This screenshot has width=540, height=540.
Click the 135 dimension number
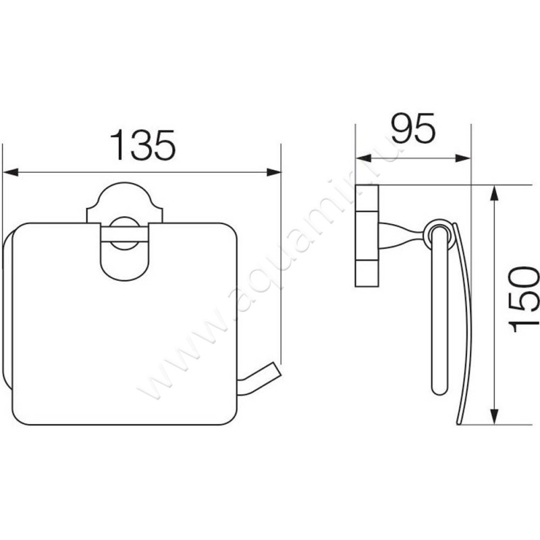pos(142,145)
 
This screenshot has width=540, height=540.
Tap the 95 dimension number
pos(413,128)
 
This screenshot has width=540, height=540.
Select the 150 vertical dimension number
pos(524,299)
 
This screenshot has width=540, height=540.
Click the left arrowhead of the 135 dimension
pos(10,172)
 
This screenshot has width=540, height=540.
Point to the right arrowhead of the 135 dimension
pos(274,172)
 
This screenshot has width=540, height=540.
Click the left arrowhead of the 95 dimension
pos(363,159)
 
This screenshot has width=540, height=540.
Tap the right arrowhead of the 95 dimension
pos(463,159)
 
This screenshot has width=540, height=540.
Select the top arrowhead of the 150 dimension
pos(494,193)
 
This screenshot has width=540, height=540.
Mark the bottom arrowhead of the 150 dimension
pos(494,416)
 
